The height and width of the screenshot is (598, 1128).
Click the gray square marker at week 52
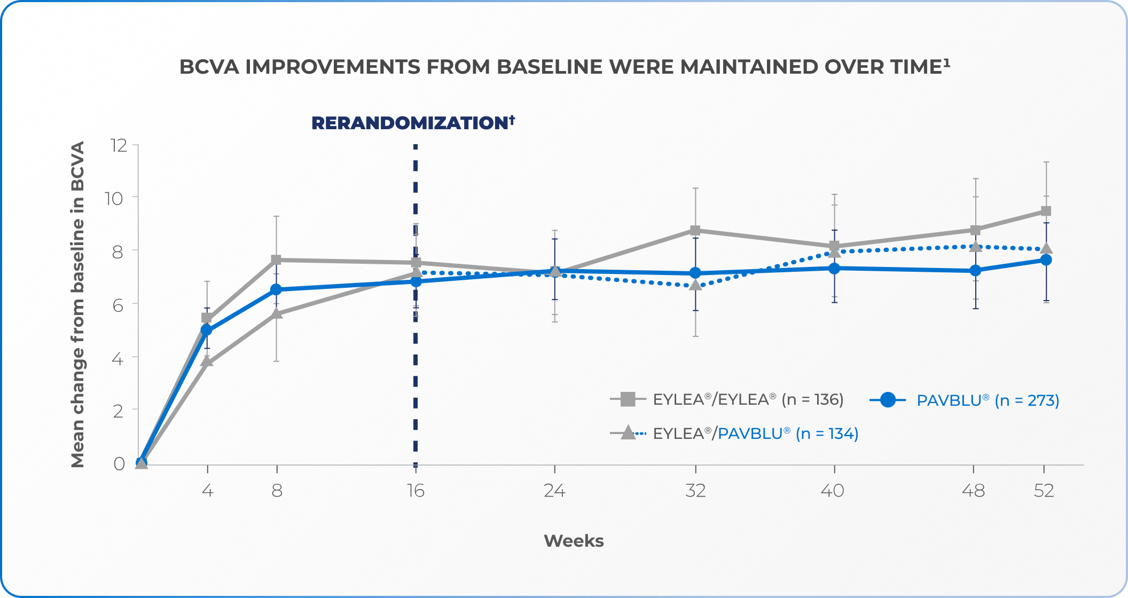pyautogui.click(x=1046, y=211)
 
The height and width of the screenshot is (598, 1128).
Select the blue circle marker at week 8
pyautogui.click(x=276, y=289)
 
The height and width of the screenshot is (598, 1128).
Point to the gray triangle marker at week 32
pyautogui.click(x=695, y=285)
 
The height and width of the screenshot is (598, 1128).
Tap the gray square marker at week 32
pyautogui.click(x=695, y=230)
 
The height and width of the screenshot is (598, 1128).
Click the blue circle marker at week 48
pyautogui.click(x=975, y=270)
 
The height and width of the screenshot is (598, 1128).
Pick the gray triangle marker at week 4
pyautogui.click(x=207, y=361)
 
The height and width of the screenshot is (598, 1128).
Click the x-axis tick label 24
pyautogui.click(x=554, y=491)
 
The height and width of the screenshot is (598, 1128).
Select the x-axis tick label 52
pyautogui.click(x=1044, y=491)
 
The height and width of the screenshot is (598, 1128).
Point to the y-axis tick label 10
pyautogui.click(x=114, y=199)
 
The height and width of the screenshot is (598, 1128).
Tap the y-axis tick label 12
pyautogui.click(x=118, y=145)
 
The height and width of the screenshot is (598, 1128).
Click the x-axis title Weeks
pyautogui.click(x=574, y=541)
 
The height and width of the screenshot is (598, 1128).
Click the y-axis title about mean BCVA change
pyautogui.click(x=78, y=304)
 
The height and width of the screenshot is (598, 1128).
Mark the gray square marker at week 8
pyautogui.click(x=276, y=259)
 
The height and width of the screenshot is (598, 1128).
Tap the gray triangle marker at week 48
pyautogui.click(x=975, y=247)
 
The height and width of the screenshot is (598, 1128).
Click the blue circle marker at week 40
pyautogui.click(x=834, y=268)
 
